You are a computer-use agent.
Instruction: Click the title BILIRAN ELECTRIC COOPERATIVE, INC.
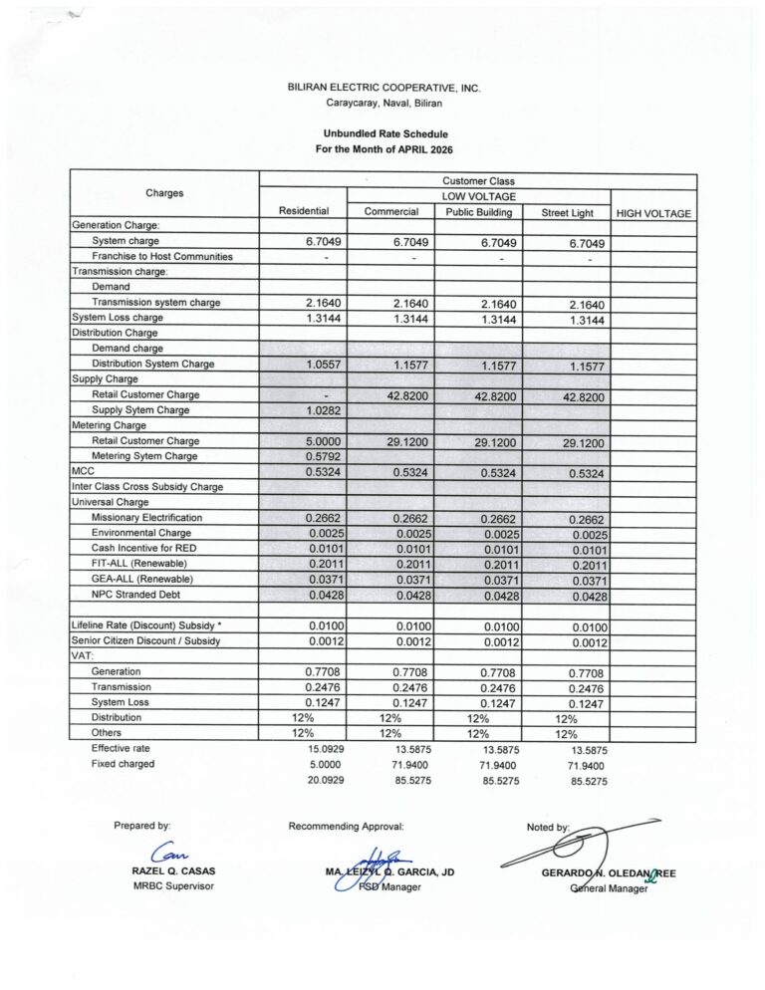coord(383,88)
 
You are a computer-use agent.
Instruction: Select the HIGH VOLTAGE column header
coord(653,212)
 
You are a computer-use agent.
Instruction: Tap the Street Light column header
coord(567,212)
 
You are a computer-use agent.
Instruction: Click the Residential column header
coord(303,211)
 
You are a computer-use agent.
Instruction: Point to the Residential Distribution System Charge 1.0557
coord(303,365)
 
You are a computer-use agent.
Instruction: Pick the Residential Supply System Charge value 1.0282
coord(303,410)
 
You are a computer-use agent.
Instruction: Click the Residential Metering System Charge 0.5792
coord(303,456)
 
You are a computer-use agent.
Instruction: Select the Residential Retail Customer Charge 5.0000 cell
coord(303,441)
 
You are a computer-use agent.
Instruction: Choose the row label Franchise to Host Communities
coord(161,257)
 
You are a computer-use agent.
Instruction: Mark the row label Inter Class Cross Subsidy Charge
coord(146,487)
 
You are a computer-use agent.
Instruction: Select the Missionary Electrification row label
coord(146,518)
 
